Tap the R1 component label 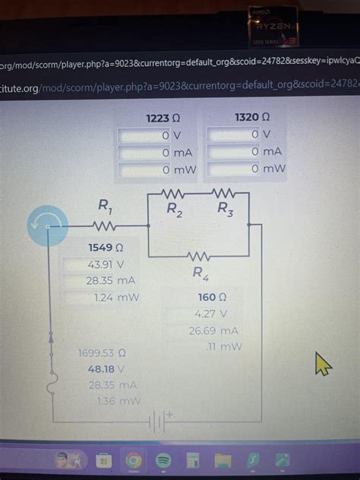coord(106,205)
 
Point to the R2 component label coord(174,208)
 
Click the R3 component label coord(226,207)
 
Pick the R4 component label coord(200,273)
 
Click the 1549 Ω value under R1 coord(106,248)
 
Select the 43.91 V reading coord(106,265)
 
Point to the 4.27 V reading coord(206,314)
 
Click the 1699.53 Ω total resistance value coord(101,353)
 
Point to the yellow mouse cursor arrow coord(322,365)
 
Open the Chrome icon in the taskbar coord(132,459)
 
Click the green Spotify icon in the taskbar coord(163,459)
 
